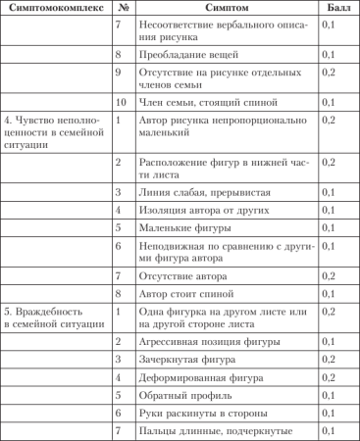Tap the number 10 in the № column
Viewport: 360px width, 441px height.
coord(119,102)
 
